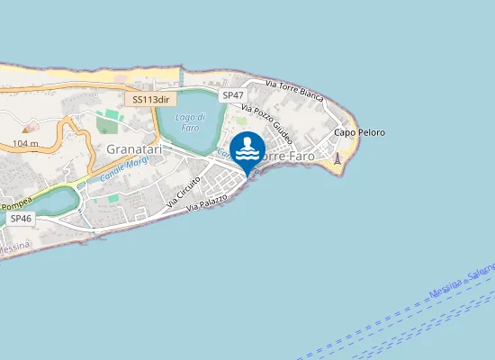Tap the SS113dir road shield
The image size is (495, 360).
(150, 100)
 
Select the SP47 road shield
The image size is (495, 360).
(233, 94)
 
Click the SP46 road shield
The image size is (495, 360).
(19, 218)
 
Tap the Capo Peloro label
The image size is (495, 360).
(359, 132)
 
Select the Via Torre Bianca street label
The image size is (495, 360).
(294, 89)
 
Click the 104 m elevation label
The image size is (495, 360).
(26, 143)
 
